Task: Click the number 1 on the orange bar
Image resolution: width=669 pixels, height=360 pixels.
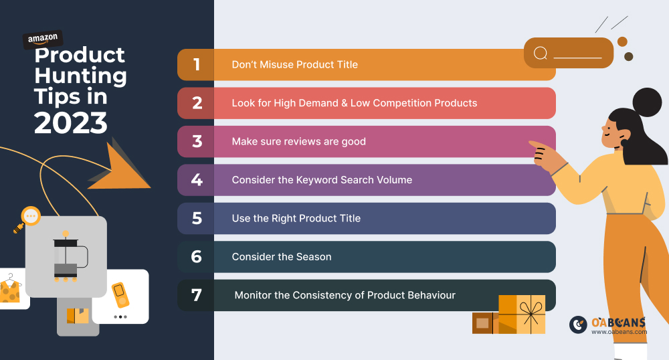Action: pyautogui.click(x=196, y=64)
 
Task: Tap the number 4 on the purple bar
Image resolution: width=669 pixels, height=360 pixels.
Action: pyautogui.click(x=197, y=179)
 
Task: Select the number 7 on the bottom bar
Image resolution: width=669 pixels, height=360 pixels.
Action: pyautogui.click(x=196, y=295)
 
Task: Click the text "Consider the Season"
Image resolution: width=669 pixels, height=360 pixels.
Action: pyautogui.click(x=282, y=257)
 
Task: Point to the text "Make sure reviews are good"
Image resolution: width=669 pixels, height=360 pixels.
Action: pyautogui.click(x=298, y=142)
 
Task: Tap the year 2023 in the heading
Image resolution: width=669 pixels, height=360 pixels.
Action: pyautogui.click(x=71, y=123)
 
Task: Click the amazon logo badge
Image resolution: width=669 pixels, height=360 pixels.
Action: pyautogui.click(x=43, y=39)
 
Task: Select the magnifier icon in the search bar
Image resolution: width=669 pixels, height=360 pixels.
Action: pyautogui.click(x=541, y=54)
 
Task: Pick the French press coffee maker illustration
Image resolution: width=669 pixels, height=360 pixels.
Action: pyautogui.click(x=68, y=257)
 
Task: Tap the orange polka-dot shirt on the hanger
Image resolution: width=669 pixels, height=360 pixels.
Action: pyautogui.click(x=9, y=290)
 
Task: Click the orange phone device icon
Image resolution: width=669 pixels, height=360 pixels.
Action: pyautogui.click(x=120, y=294)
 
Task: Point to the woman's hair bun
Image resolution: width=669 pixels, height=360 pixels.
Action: pyautogui.click(x=647, y=102)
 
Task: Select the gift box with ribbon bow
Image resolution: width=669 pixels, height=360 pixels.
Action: pyautogui.click(x=522, y=314)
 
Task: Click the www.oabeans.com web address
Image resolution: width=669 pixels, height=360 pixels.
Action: pyautogui.click(x=619, y=332)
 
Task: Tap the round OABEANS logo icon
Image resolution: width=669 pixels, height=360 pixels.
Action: pyautogui.click(x=578, y=325)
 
